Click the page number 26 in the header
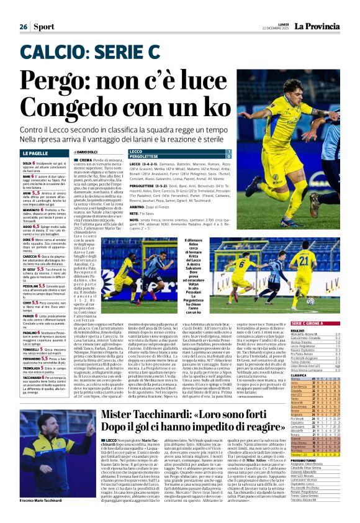pos(23,9)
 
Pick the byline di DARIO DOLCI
pos(89,152)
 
